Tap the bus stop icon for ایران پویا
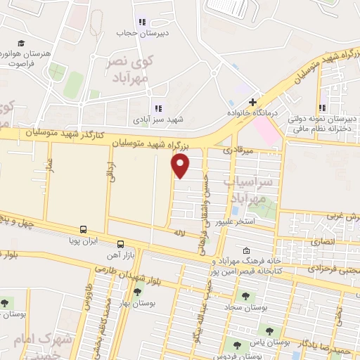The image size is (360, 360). (84, 230)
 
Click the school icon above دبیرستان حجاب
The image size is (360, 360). (143, 22)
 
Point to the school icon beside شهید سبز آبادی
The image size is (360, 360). (157, 108)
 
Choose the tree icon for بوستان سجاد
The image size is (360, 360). (245, 295)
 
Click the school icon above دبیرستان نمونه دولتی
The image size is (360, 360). (323, 108)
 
